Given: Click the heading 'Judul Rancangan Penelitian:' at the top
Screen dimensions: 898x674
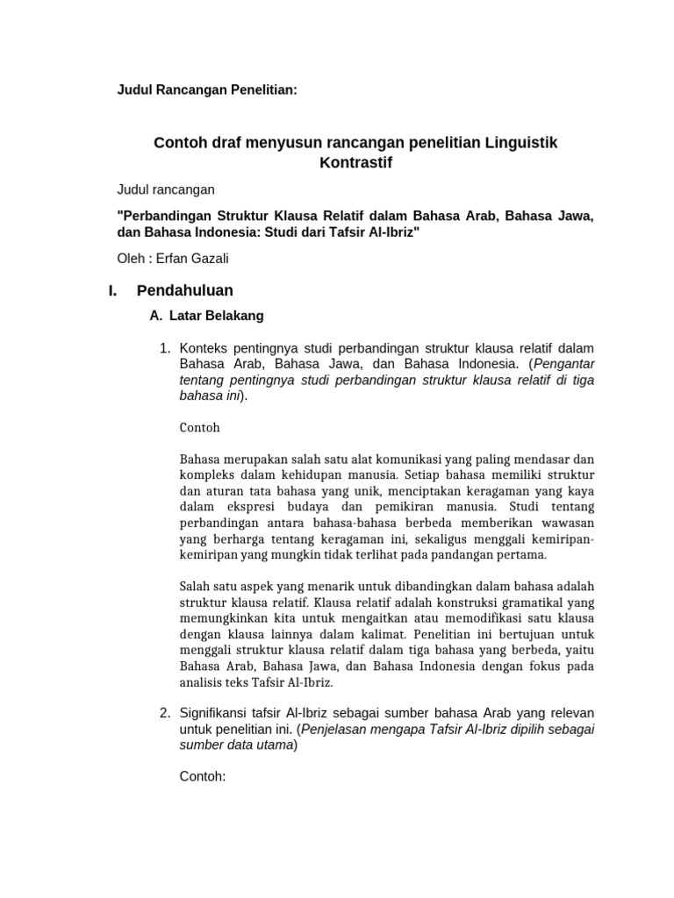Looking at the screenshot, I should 208,90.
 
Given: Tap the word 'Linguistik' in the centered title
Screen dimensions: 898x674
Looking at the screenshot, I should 521,141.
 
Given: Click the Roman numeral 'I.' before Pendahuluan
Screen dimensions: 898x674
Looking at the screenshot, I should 112,290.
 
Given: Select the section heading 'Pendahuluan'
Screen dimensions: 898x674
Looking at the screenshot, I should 185,290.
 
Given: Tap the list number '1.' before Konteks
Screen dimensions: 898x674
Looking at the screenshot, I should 164,347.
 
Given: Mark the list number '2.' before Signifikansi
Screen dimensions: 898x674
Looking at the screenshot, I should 164,712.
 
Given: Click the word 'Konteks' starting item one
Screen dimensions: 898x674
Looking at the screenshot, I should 208,347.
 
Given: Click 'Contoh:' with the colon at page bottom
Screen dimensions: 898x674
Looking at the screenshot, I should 203,776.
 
